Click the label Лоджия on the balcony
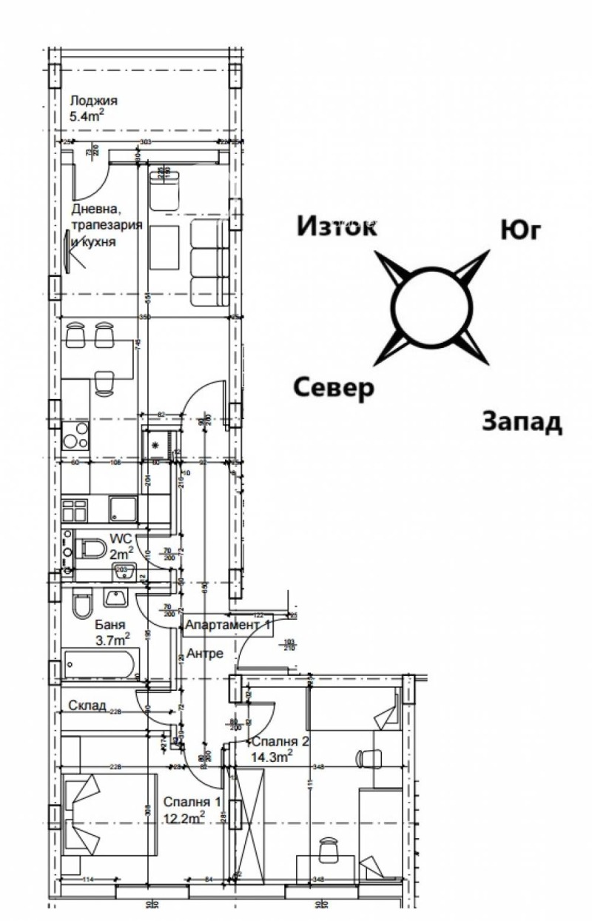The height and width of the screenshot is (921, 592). pyautogui.click(x=94, y=101)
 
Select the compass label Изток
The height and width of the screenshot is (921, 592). pyautogui.click(x=337, y=226)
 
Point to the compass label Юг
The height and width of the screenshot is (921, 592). pyautogui.click(x=521, y=231)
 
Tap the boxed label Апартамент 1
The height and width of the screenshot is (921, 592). pyautogui.click(x=228, y=625)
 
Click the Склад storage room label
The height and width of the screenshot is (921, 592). pyautogui.click(x=88, y=704)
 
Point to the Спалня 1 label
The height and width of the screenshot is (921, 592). pyautogui.click(x=192, y=801)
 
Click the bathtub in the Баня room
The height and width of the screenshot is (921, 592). pyautogui.click(x=101, y=664)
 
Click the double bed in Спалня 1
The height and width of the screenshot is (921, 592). pyautogui.click(x=109, y=815)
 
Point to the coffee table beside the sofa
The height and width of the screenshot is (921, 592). pyautogui.click(x=164, y=248)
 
